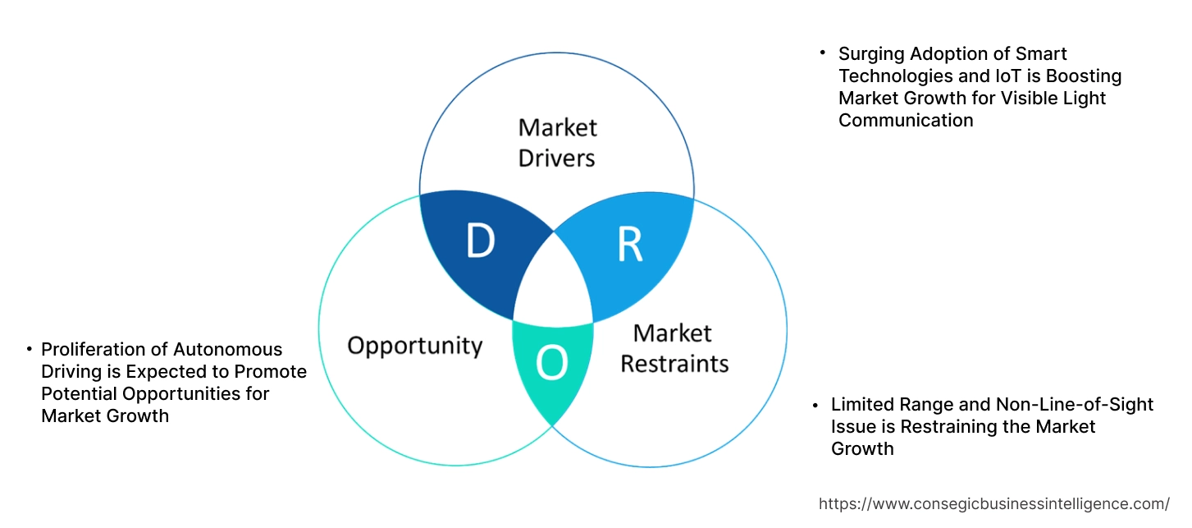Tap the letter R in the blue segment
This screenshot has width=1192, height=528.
630,245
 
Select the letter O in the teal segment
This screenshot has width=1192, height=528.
551,364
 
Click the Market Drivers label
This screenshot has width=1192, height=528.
557,142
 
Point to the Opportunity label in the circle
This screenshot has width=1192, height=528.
414,345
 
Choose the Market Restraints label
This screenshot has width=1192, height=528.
674,347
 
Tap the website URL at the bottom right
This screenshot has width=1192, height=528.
994,503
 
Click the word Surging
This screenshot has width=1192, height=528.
870,54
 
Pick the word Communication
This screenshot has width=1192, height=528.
906,121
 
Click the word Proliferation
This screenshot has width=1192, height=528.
92,350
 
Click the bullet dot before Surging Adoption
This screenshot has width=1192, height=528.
823,53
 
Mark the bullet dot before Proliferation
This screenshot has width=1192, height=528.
29,349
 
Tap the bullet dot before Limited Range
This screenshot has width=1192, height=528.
815,405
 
